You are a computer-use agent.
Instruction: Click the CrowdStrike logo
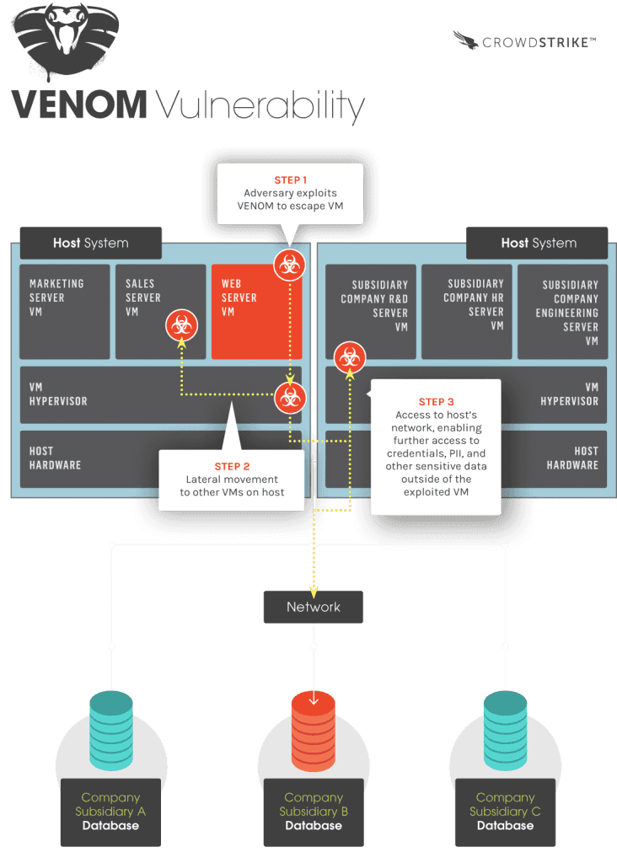click(x=523, y=40)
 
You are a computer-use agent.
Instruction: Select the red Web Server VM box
click(x=256, y=312)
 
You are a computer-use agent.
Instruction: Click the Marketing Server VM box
click(x=64, y=312)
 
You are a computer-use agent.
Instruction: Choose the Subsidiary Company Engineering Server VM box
click(x=561, y=312)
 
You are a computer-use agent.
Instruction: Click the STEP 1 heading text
click(x=290, y=180)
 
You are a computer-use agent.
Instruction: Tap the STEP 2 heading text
click(x=232, y=466)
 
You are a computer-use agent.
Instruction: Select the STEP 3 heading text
click(x=436, y=402)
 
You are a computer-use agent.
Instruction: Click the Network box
click(x=314, y=607)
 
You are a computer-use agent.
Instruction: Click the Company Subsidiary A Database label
click(x=110, y=812)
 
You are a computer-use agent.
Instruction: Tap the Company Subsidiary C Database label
click(x=505, y=812)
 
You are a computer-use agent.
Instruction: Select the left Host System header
click(x=90, y=243)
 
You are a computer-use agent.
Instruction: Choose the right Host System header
click(x=538, y=243)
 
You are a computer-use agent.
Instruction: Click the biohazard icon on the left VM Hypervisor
click(x=290, y=396)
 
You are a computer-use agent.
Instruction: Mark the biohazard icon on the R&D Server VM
click(x=349, y=358)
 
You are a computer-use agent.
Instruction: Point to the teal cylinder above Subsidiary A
click(x=110, y=725)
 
